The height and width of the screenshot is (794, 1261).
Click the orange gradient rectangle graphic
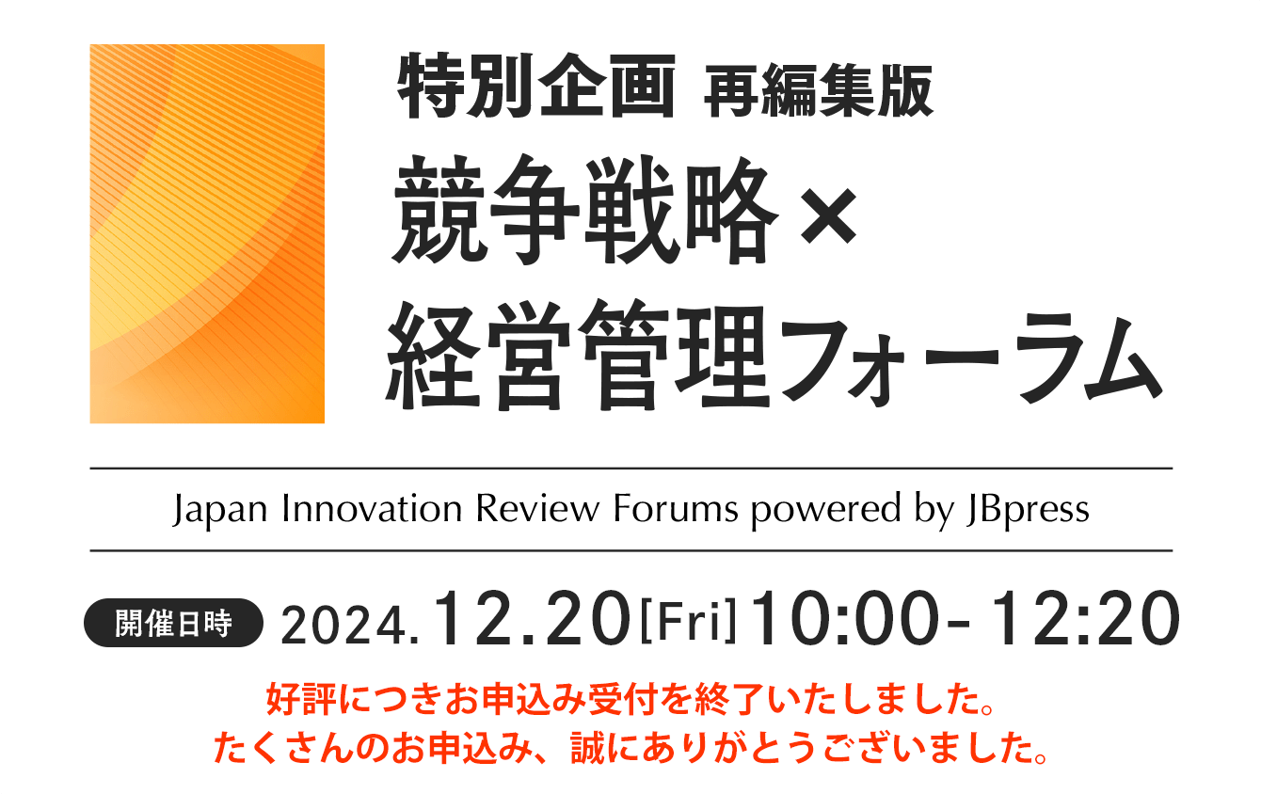(207, 233)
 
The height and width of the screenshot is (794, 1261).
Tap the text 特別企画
(536, 86)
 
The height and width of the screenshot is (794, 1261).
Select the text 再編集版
(819, 90)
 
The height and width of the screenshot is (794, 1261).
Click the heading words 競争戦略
(585, 210)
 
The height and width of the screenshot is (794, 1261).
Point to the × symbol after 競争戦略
(829, 215)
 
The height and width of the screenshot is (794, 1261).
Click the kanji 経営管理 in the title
(578, 355)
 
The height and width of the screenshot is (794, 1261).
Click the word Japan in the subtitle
(220, 510)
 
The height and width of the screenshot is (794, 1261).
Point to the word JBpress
(1028, 510)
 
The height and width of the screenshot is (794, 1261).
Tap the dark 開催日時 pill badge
(173, 623)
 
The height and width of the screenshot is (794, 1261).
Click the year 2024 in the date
(343, 626)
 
